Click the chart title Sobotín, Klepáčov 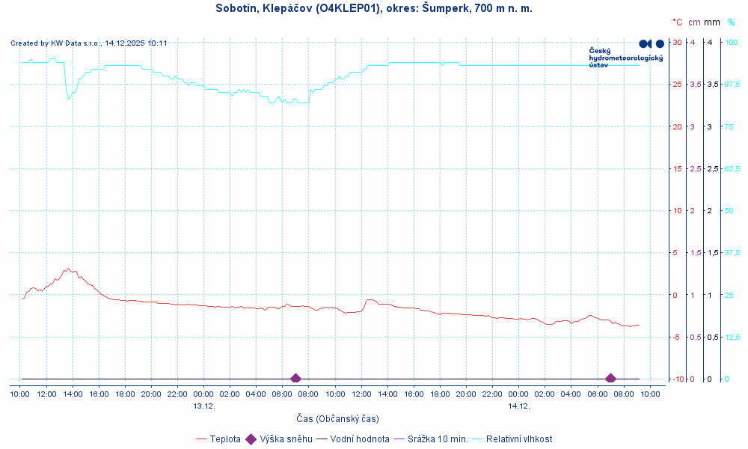[x=374, y=8]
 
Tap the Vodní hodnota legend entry [x=353, y=439]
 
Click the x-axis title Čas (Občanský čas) [x=337, y=419]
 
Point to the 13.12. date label [x=203, y=406]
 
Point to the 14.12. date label [x=518, y=406]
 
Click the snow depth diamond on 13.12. [x=295, y=379]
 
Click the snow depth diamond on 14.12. [x=610, y=379]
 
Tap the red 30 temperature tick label [x=676, y=42]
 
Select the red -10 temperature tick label [x=675, y=379]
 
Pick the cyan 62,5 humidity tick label [x=732, y=168]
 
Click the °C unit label [x=677, y=23]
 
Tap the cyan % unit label [x=731, y=23]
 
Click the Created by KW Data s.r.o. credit [x=88, y=43]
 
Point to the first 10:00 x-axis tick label [x=20, y=394]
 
